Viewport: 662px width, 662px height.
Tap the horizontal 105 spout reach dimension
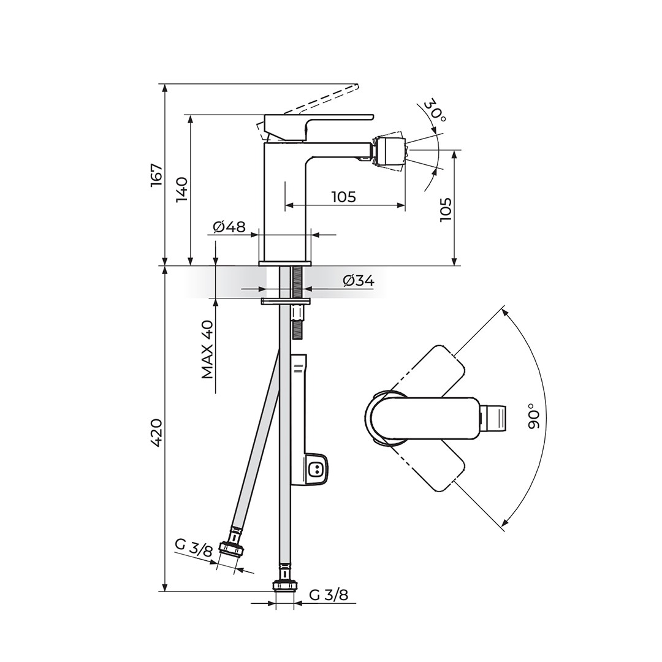pyautogui.click(x=344, y=197)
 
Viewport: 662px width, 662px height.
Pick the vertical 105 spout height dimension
pyautogui.click(x=446, y=210)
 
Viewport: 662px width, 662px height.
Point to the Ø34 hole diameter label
pyautogui.click(x=359, y=280)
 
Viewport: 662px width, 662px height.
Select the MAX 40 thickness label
pyautogui.click(x=207, y=349)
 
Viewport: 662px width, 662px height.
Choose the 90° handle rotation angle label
pyautogui.click(x=534, y=416)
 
